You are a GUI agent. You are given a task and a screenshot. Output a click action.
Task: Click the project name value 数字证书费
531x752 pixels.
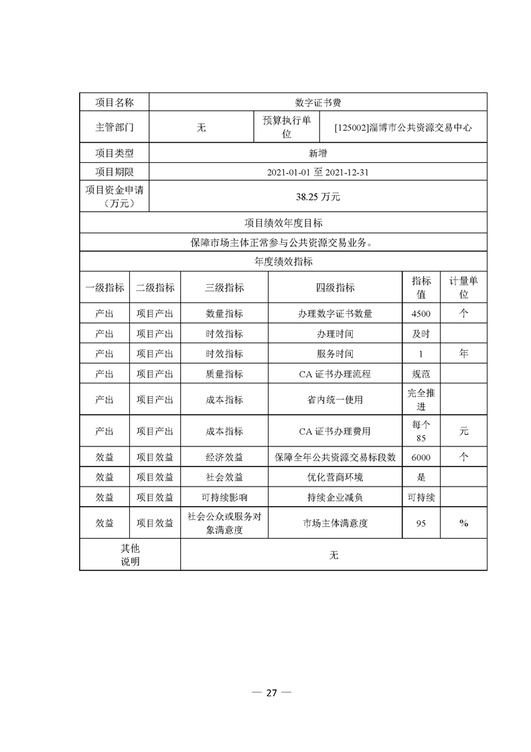click(318, 103)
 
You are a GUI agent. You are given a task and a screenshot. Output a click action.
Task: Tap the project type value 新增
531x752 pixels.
click(318, 153)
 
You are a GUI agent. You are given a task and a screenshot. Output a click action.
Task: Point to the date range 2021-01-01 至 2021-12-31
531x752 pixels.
click(318, 172)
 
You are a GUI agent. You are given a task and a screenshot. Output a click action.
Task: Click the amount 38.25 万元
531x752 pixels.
click(318, 197)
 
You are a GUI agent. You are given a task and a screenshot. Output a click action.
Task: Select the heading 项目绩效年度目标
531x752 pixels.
click(283, 223)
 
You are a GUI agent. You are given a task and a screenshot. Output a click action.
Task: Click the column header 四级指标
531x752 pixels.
click(335, 288)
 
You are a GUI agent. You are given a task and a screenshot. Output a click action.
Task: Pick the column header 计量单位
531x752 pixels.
click(463, 288)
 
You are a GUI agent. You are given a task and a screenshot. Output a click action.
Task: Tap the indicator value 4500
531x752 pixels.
click(421, 313)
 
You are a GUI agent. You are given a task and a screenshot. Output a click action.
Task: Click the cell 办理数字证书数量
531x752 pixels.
click(335, 313)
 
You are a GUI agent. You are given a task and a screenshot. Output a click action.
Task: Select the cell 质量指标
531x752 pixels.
click(224, 373)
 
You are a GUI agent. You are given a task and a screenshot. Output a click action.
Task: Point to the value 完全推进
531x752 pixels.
click(421, 399)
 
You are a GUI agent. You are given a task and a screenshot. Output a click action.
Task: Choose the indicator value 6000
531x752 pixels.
click(421, 457)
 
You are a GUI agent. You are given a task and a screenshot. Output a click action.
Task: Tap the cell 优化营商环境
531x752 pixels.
click(335, 477)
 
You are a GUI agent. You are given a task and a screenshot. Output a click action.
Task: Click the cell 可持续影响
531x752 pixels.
click(224, 497)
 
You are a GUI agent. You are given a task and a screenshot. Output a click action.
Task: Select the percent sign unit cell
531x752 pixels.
click(463, 523)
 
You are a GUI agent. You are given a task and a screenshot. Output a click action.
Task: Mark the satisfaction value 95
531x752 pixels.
click(421, 523)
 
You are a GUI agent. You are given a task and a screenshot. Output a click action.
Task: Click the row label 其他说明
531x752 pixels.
click(130, 555)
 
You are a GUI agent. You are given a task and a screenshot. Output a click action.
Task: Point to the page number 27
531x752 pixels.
click(271, 693)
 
